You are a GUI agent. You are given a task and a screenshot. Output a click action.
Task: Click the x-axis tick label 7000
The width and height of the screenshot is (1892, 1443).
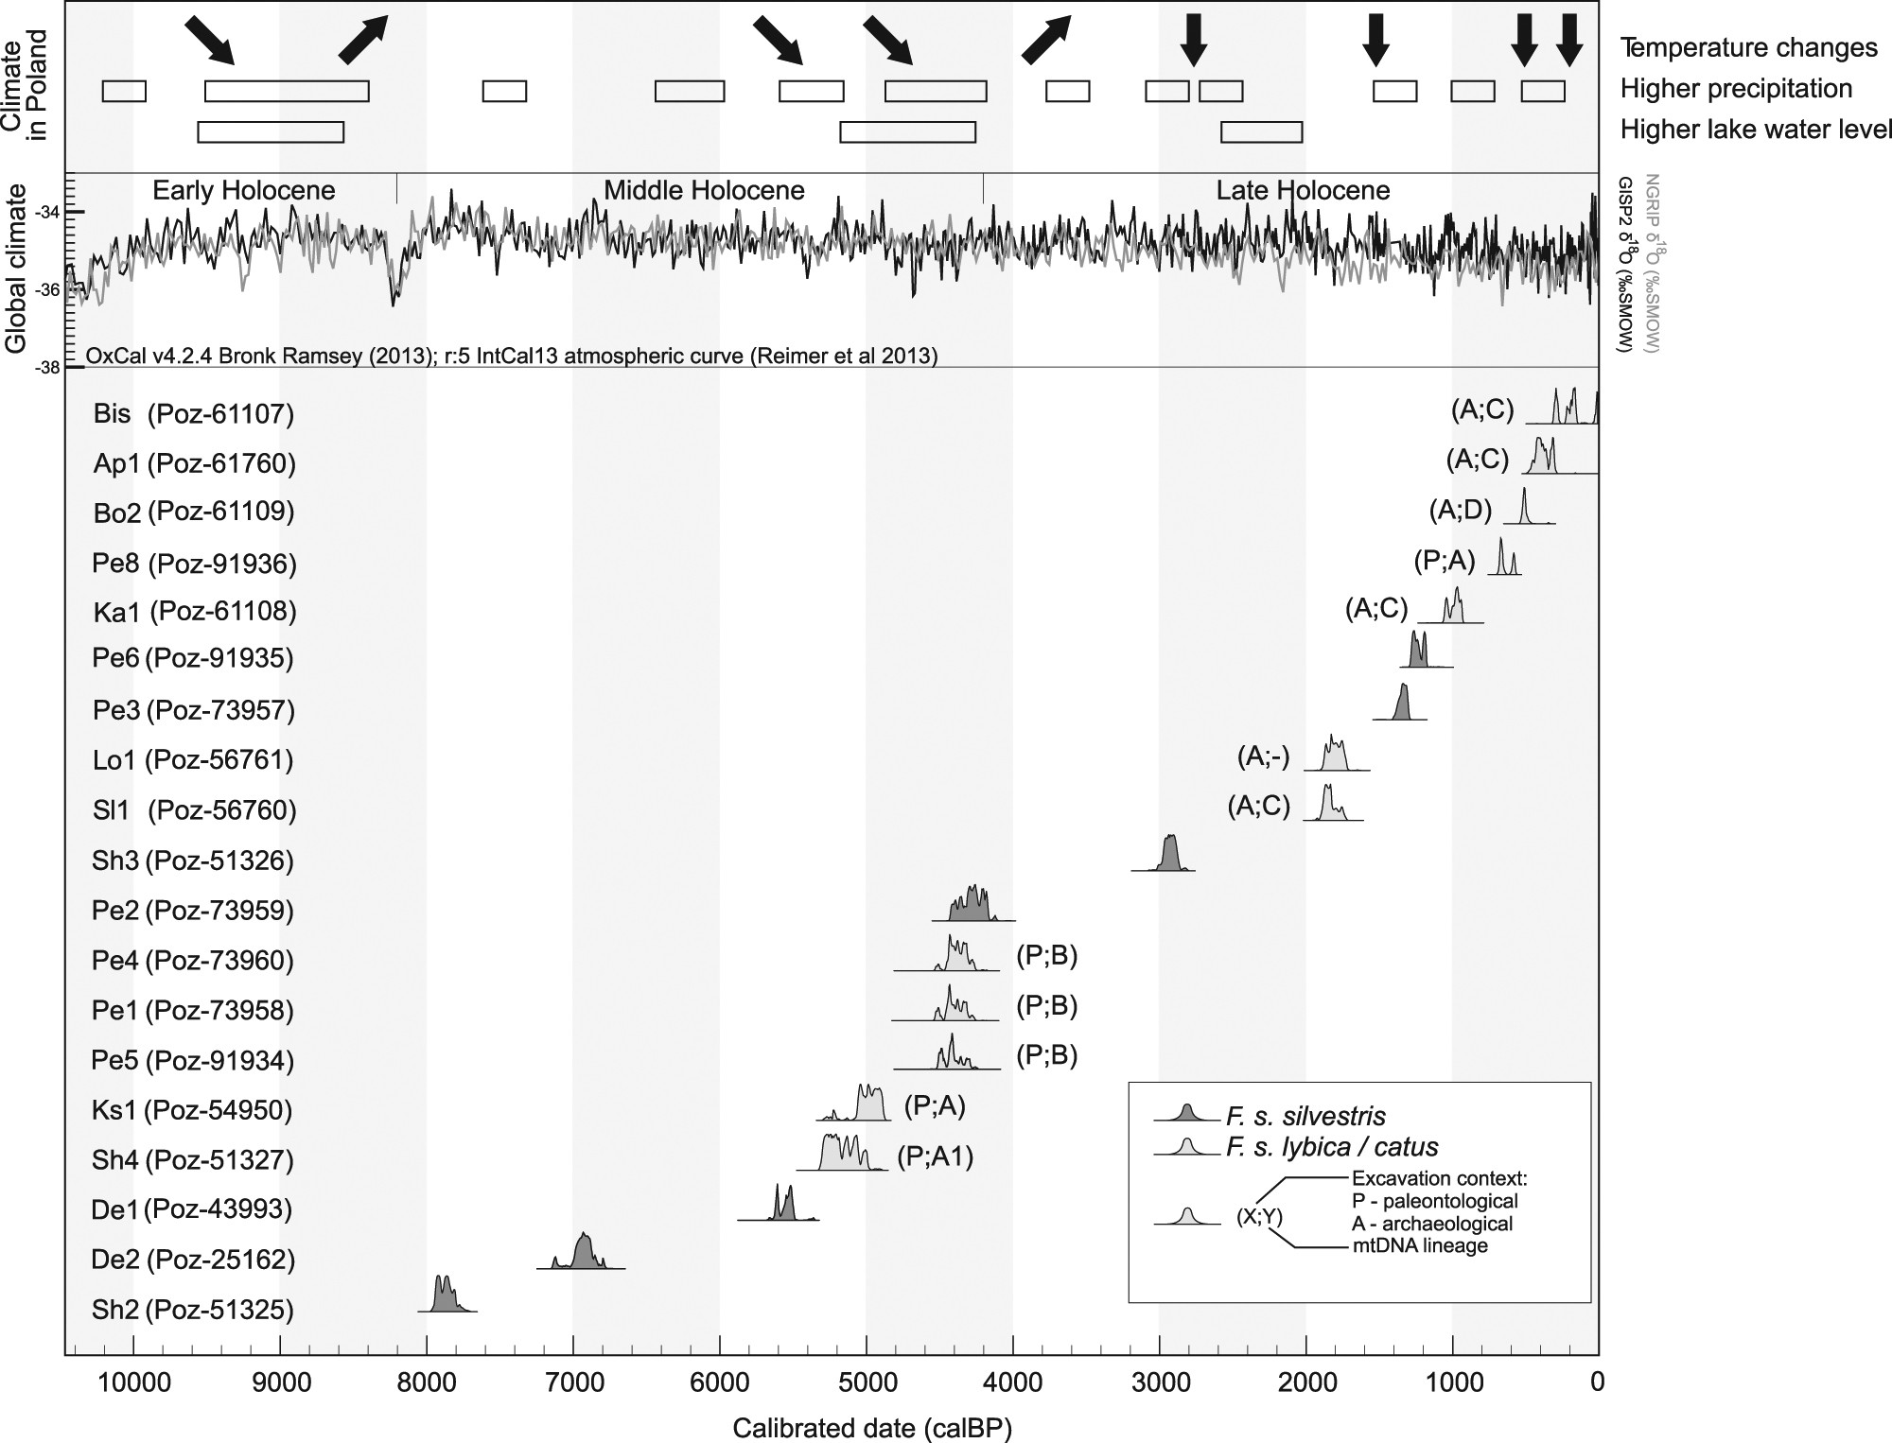[572, 1382]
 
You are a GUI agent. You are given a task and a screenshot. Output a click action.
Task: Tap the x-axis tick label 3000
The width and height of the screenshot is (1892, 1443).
[1159, 1382]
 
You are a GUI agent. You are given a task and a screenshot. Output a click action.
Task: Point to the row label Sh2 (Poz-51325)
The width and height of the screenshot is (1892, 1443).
[193, 1310]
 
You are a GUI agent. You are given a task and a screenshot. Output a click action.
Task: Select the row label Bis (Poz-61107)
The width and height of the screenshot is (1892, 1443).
[194, 413]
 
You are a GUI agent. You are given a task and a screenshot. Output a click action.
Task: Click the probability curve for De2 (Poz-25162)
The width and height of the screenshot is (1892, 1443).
[583, 1254]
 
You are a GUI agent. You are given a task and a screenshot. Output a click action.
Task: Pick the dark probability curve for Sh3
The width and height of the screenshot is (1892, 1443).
[1170, 855]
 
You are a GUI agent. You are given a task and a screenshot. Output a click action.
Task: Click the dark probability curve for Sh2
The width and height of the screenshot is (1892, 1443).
[445, 1295]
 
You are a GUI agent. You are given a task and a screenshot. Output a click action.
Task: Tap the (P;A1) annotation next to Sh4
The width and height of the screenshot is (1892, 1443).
[934, 1157]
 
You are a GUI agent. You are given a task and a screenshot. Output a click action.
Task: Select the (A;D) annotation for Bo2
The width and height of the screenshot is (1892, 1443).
[1460, 511]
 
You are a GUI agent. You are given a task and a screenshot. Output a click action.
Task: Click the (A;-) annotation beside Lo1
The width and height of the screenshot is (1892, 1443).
[1263, 757]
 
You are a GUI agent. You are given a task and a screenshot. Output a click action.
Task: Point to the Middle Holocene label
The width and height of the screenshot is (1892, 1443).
[704, 190]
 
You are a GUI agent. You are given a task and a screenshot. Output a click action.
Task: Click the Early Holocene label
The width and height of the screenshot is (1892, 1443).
[244, 190]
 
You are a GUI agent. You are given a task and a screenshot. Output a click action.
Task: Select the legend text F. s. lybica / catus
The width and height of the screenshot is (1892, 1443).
[1332, 1147]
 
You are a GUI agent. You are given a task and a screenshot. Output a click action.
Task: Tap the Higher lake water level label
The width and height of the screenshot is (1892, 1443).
[1756, 130]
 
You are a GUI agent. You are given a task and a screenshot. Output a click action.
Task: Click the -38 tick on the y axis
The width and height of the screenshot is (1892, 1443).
[47, 367]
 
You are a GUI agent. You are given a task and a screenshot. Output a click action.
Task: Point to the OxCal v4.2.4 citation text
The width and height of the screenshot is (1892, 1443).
[512, 356]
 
